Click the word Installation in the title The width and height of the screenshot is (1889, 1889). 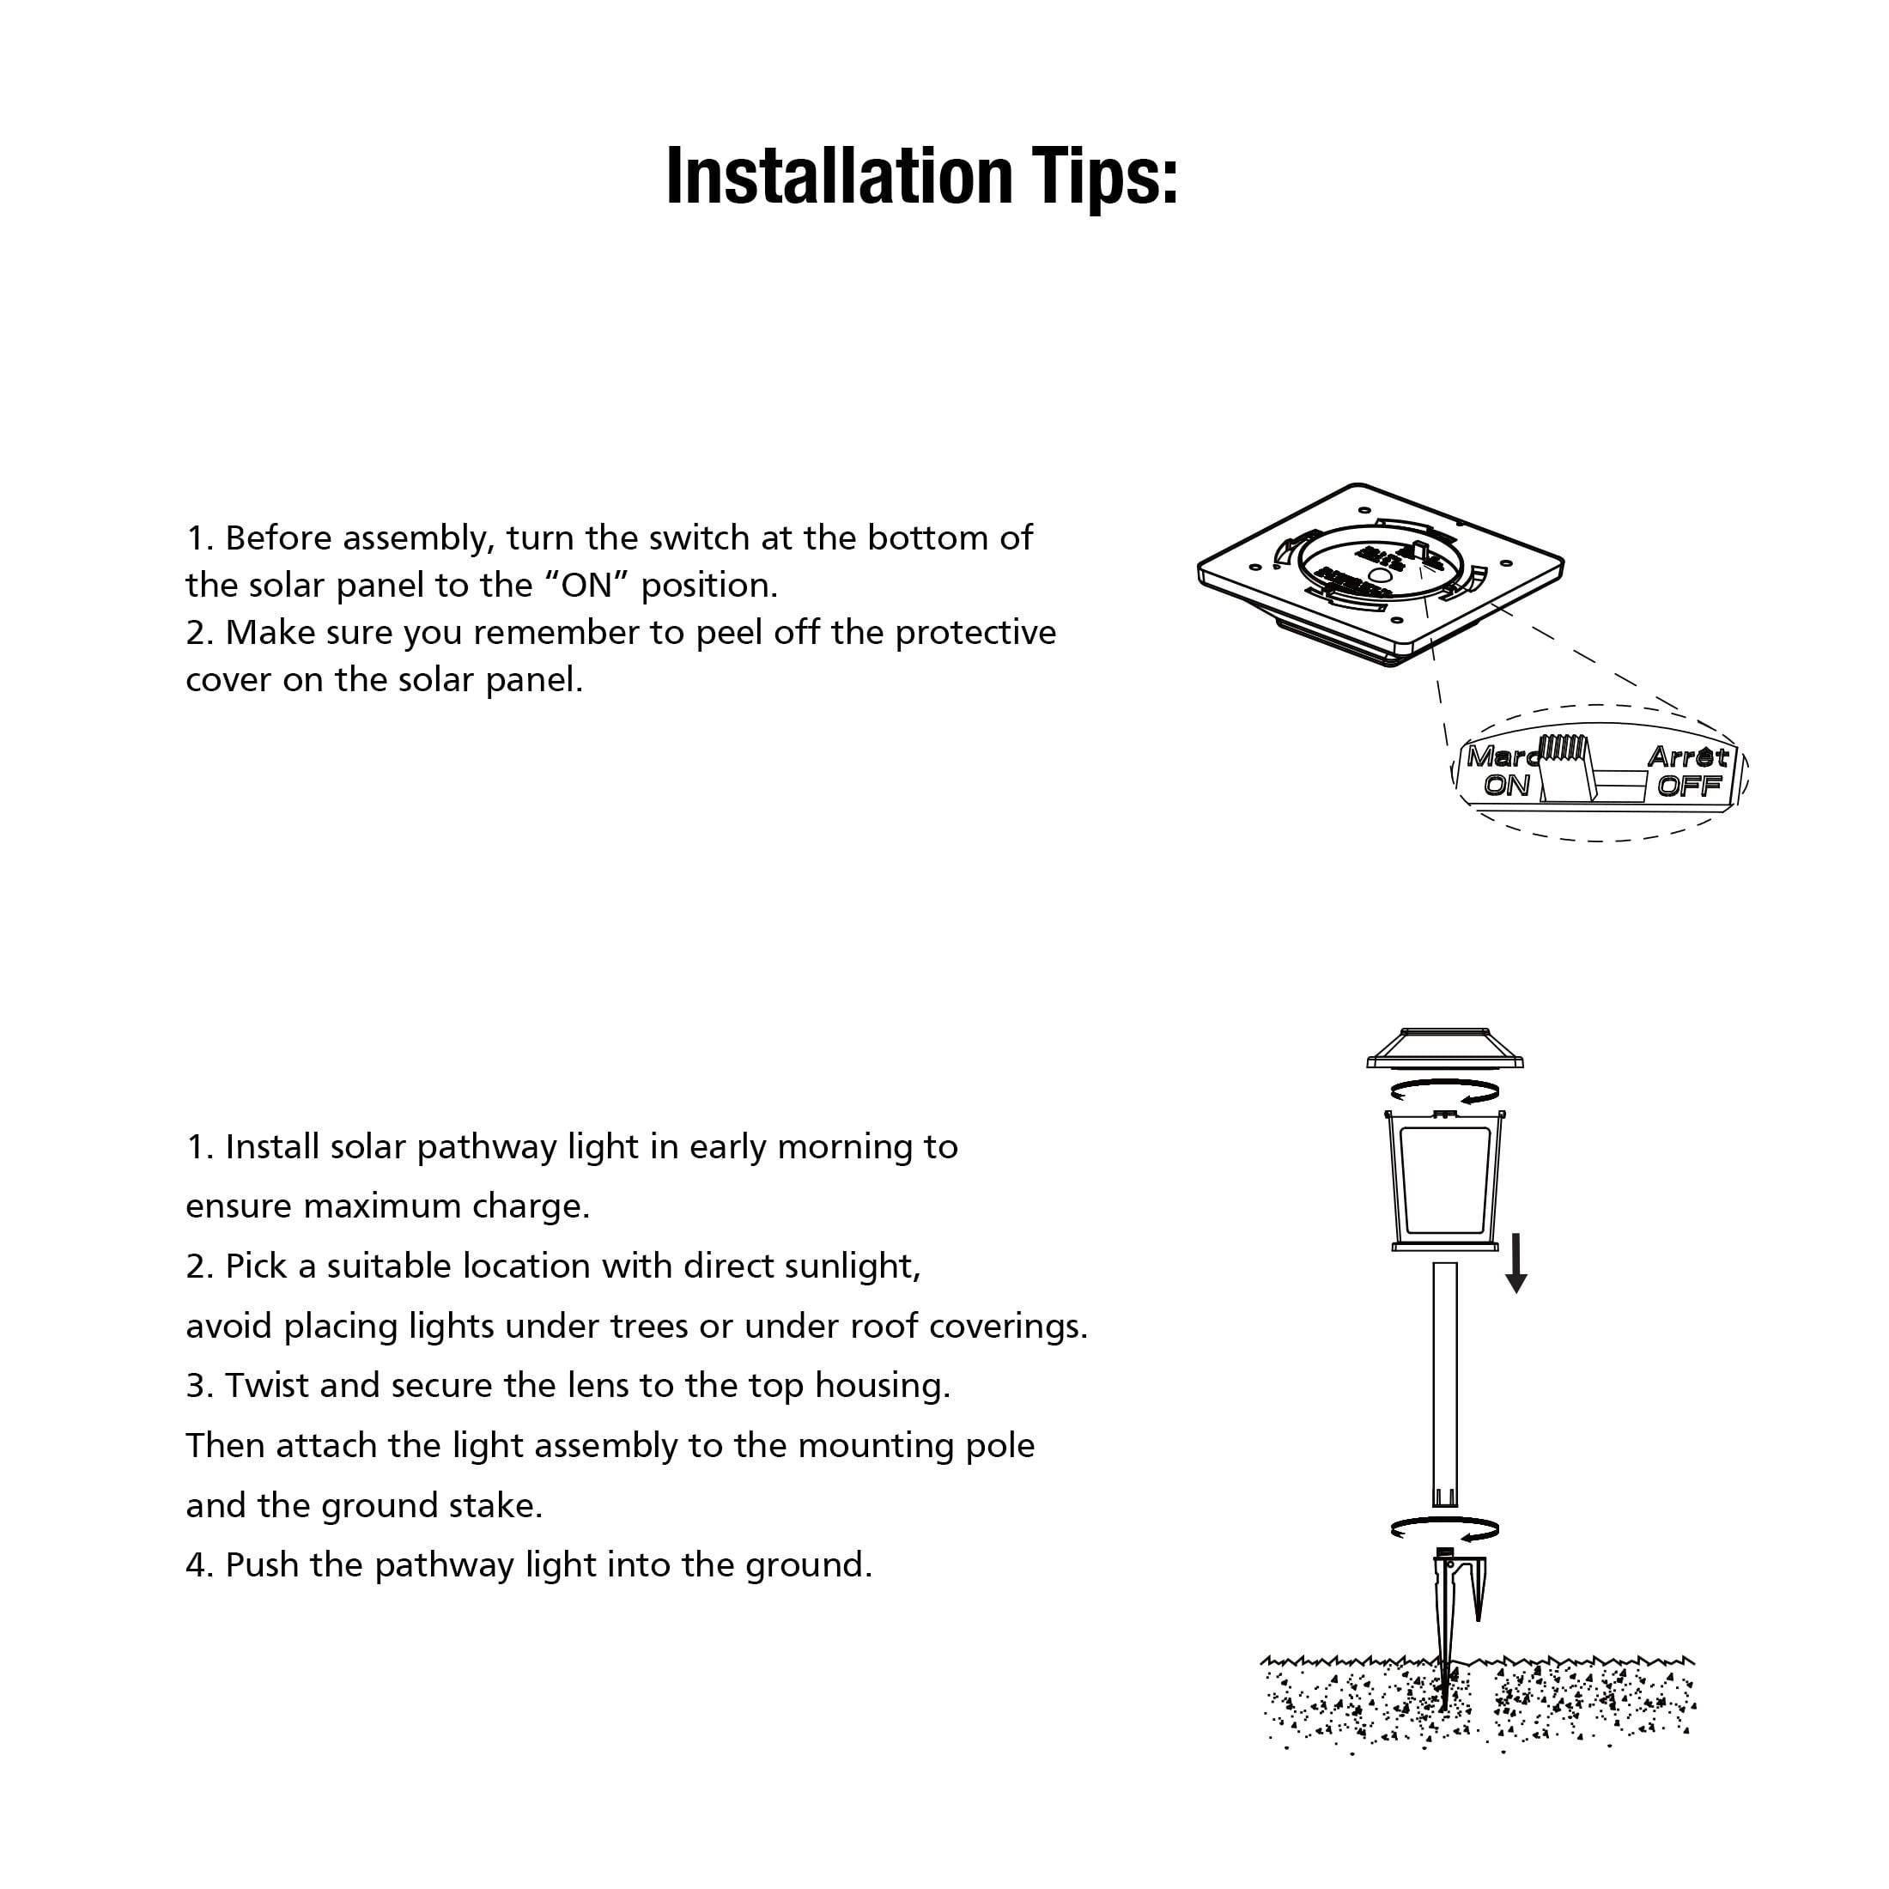pos(838,177)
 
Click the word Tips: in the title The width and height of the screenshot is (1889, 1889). pos(1104,177)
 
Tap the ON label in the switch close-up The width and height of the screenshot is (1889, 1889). pos(1506,785)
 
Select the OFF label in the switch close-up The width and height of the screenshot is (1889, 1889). pos(1689,785)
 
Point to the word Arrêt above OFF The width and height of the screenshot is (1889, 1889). pos(1687,756)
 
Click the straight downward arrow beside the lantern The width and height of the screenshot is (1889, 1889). pos(1516,1262)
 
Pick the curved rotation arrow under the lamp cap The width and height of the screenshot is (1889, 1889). pos(1444,1092)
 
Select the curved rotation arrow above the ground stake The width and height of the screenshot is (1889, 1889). pos(1444,1529)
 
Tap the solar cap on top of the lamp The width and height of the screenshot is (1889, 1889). pos(1444,1048)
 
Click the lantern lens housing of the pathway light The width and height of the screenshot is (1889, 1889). pos(1444,1180)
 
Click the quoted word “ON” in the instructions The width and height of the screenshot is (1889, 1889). pos(586,586)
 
